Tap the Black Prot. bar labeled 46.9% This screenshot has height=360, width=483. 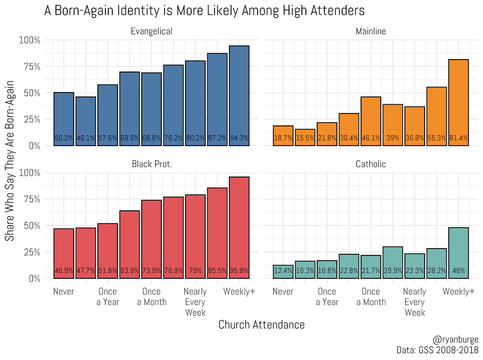coord(64,253)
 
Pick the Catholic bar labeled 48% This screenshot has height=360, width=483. coord(458,253)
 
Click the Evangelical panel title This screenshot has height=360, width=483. coord(151,31)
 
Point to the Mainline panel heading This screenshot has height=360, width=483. coord(371,31)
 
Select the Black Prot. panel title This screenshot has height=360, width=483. coord(151,164)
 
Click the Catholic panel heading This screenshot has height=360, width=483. coord(371,164)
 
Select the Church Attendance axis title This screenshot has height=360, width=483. coord(261,325)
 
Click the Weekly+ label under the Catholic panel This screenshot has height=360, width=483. coord(458,292)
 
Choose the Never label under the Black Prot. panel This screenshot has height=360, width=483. coord(64,292)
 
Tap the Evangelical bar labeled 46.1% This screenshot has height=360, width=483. coord(86,121)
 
